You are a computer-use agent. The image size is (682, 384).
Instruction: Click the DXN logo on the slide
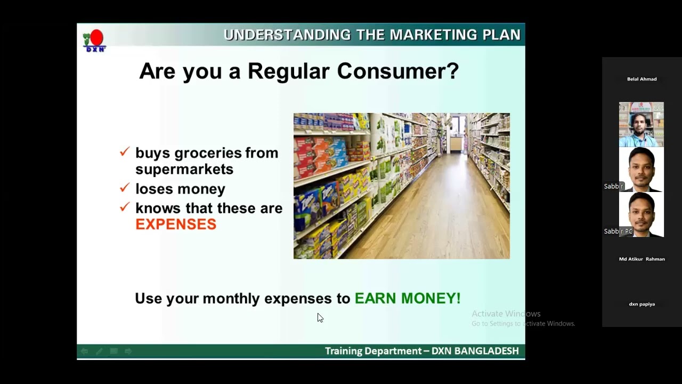(x=94, y=41)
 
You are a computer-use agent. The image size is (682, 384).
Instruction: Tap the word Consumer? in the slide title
(x=397, y=71)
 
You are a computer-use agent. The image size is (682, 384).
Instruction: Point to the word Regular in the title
(x=288, y=72)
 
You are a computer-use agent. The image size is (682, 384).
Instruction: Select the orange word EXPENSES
(x=176, y=225)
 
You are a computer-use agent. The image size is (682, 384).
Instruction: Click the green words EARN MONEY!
(x=408, y=298)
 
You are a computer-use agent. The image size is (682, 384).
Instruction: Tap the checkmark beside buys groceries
(x=125, y=151)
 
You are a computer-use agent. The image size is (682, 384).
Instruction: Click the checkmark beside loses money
(x=125, y=187)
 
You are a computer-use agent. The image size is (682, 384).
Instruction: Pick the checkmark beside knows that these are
(x=125, y=207)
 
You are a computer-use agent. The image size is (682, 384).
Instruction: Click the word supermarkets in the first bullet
(x=184, y=170)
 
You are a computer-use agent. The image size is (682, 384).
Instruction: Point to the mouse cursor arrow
(x=320, y=318)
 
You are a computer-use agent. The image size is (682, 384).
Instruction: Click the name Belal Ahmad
(x=642, y=79)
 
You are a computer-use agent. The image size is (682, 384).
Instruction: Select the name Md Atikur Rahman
(x=642, y=259)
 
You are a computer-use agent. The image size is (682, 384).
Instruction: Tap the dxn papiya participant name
(x=642, y=304)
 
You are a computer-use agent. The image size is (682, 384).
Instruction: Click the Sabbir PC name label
(x=618, y=231)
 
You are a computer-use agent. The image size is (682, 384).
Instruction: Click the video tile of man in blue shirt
(x=642, y=124)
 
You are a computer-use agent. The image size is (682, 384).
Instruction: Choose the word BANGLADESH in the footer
(x=486, y=351)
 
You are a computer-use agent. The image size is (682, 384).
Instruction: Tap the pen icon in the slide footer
(x=99, y=351)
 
